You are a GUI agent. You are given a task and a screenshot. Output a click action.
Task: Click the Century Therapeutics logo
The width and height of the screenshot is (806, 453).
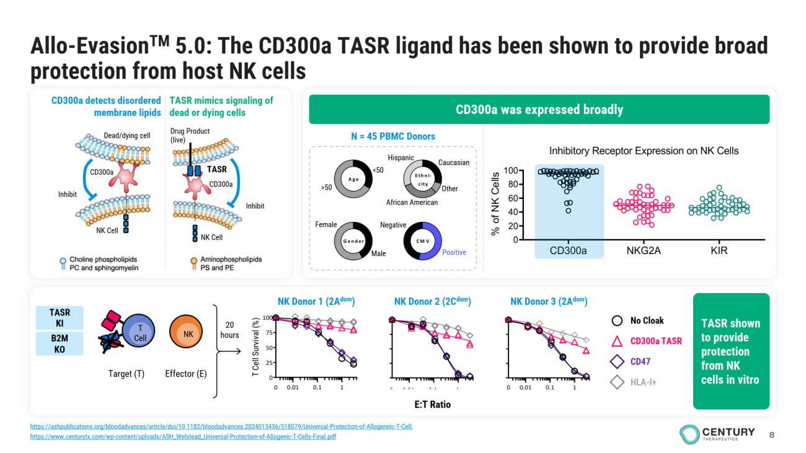point(717,434)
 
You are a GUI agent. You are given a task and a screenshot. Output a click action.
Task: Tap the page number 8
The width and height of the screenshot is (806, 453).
point(771,434)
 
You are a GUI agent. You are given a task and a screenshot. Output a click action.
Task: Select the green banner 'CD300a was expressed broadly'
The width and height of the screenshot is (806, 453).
point(539,110)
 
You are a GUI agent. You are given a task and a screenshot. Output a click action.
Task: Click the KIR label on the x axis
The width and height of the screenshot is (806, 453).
point(719,251)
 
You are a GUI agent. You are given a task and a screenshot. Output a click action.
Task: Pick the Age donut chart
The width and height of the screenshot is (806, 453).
point(353,179)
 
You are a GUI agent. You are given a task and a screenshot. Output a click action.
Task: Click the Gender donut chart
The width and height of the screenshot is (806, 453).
point(353,241)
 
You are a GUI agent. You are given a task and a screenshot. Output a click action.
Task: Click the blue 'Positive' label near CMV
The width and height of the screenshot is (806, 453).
point(454,252)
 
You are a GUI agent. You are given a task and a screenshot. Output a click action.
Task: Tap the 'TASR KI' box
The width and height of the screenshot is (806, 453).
point(60,318)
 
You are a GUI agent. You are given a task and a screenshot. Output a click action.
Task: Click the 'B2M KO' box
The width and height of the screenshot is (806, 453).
point(60,344)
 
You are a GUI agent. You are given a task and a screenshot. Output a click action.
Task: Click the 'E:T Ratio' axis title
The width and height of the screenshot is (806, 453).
point(432,404)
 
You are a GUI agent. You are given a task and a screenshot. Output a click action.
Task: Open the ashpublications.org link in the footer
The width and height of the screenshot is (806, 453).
point(221,426)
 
